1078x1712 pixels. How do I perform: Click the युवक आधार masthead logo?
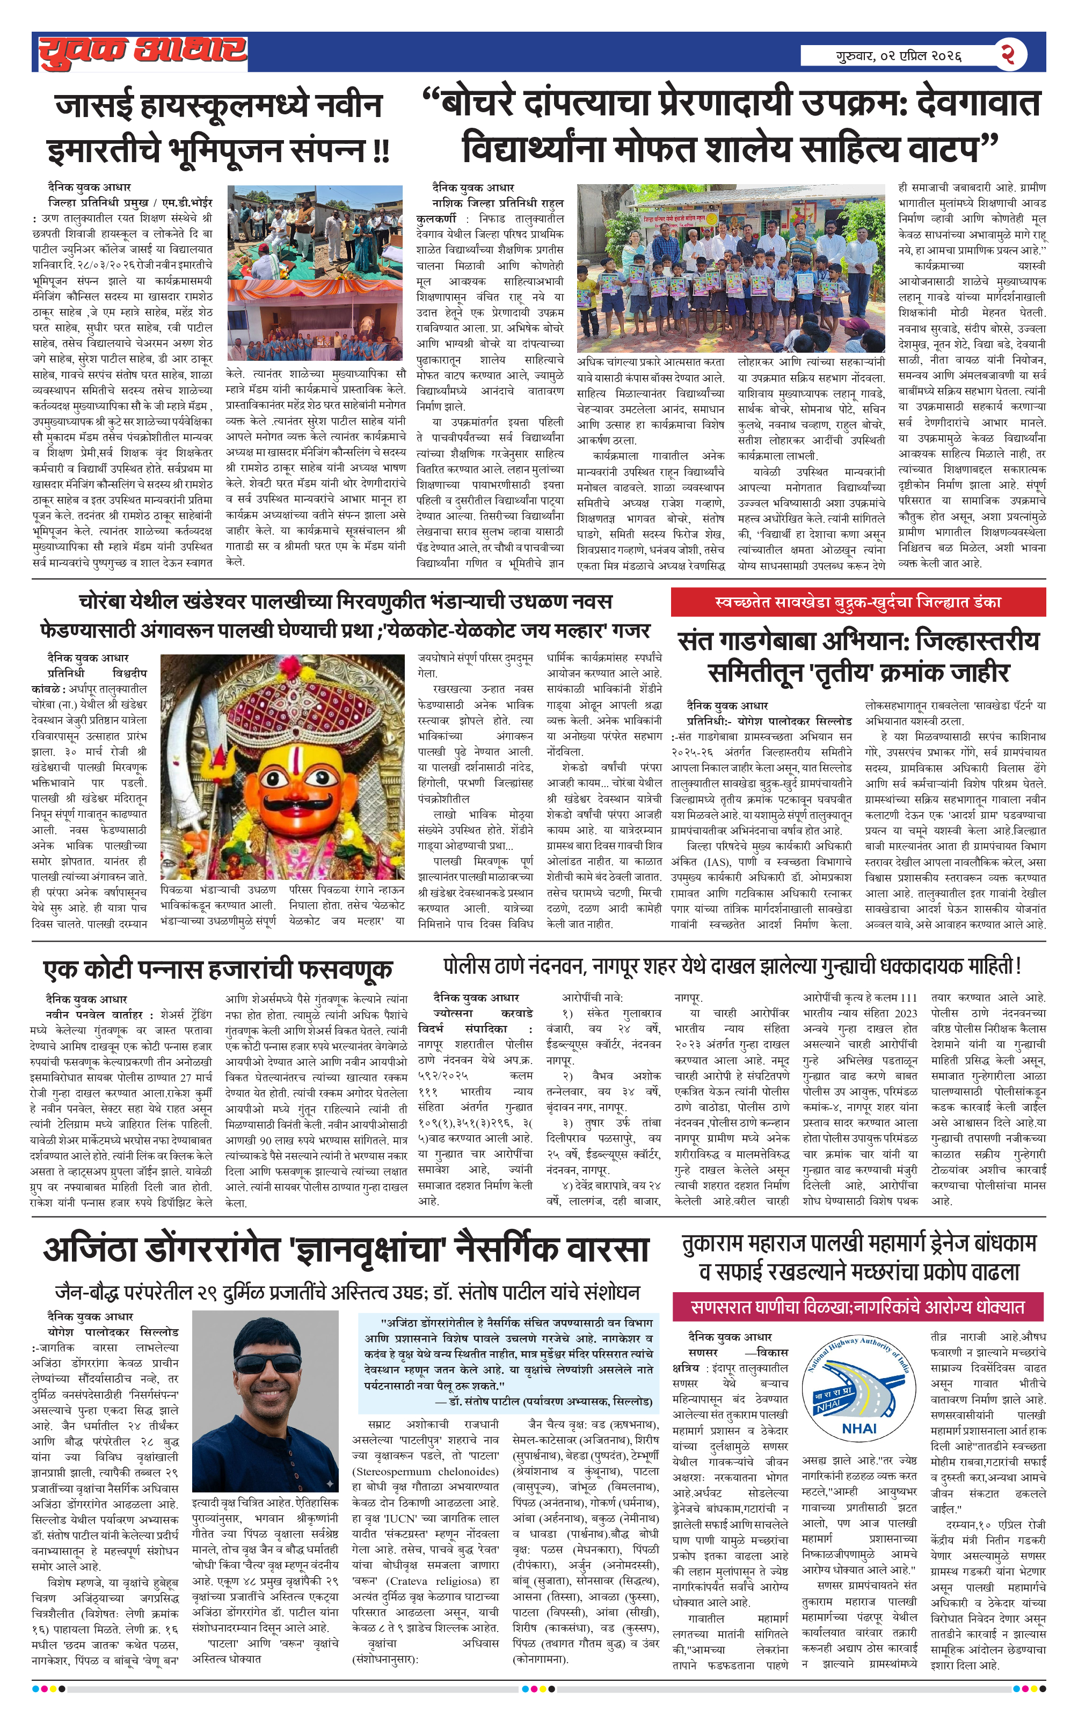(x=142, y=52)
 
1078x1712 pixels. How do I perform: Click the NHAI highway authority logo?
(x=858, y=1392)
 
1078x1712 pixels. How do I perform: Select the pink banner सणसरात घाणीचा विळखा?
(x=857, y=1307)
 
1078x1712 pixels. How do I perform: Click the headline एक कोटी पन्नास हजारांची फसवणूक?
(x=217, y=969)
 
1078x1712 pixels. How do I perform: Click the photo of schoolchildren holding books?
(x=730, y=268)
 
